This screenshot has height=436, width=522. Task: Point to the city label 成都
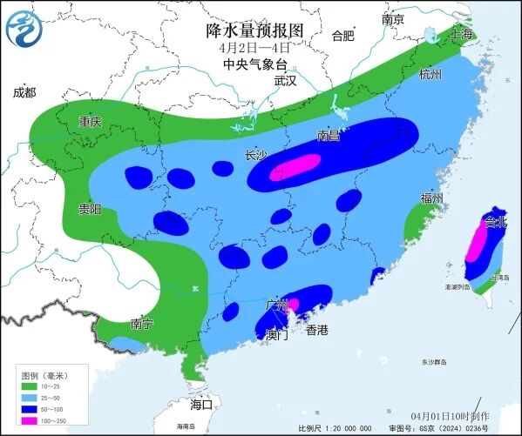[24, 92]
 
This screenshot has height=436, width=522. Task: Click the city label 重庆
[90, 122]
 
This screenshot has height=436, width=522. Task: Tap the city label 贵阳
[90, 209]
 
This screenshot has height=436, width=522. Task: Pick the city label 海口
[201, 405]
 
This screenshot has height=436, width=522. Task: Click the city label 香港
[317, 330]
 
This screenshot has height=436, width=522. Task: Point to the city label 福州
[431, 198]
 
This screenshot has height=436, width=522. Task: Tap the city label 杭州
[430, 74]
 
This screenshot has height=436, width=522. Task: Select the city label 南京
[394, 19]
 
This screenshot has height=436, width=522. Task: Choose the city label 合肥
[343, 36]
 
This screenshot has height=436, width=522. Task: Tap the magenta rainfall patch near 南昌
[295, 167]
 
